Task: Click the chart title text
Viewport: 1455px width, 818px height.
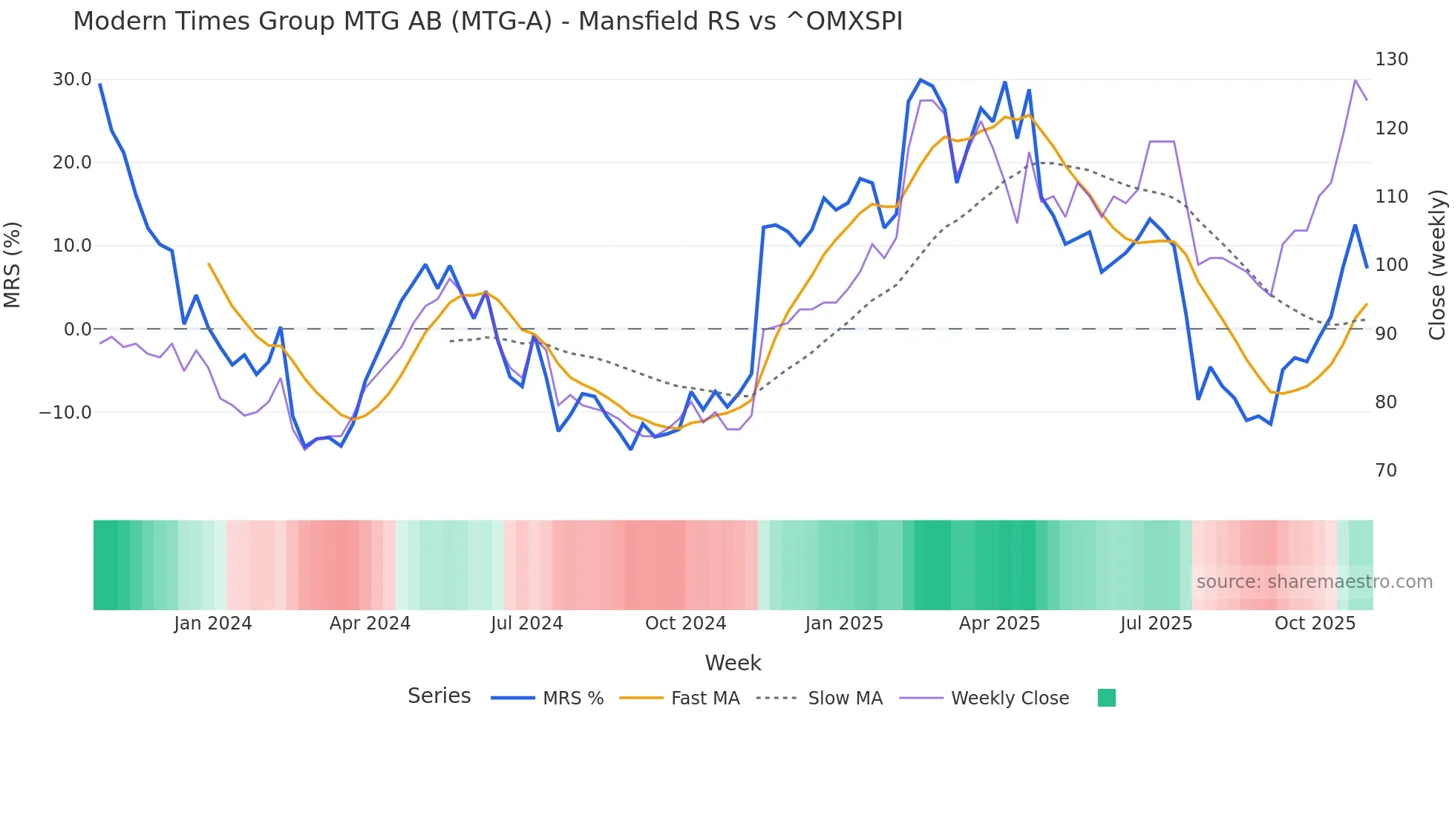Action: pos(488,22)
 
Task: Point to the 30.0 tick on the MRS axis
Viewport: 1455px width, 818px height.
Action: pos(72,79)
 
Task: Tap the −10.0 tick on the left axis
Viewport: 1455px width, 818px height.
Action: pos(65,413)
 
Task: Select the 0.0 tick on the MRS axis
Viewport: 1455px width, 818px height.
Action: pos(77,329)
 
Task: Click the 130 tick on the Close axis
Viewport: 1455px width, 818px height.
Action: pos(1391,59)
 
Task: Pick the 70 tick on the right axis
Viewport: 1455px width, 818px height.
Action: pos(1386,471)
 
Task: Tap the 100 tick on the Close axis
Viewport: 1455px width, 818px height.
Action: pos(1391,265)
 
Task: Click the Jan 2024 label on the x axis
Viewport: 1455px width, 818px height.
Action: pos(213,624)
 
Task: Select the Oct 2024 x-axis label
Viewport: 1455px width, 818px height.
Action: pos(685,624)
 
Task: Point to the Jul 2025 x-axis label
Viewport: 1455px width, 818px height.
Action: pos(1156,624)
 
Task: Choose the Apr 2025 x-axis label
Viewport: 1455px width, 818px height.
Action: pos(999,624)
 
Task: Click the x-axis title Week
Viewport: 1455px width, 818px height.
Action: pos(733,663)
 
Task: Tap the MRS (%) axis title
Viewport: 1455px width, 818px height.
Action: pos(13,264)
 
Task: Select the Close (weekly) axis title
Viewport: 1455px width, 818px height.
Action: pos(1437,264)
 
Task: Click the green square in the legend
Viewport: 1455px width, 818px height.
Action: pos(1106,698)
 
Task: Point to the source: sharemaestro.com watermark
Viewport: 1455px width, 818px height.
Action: pos(1314,582)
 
